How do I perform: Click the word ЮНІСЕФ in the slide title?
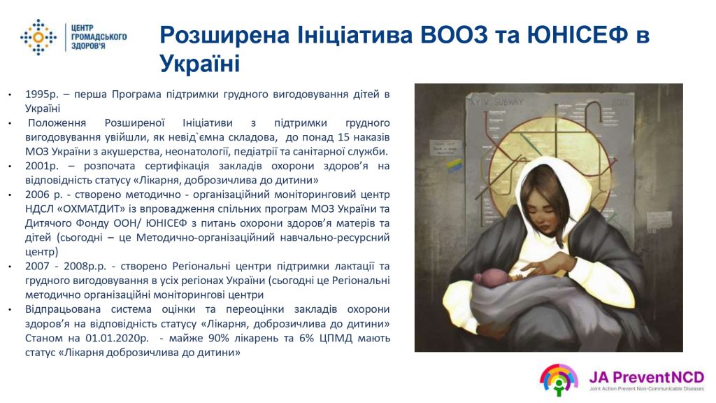pos(578,35)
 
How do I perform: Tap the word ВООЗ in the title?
pos(454,35)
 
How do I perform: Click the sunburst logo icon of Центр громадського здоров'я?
pos(38,37)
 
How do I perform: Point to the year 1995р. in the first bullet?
pos(42,94)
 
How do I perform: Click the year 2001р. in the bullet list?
pos(42,166)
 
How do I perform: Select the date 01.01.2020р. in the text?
pos(117,338)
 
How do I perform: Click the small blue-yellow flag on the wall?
pos(454,164)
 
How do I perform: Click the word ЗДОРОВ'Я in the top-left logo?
pos(88,46)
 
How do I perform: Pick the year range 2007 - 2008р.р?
pos(66,267)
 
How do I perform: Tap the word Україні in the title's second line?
pos(199,64)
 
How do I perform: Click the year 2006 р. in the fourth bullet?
pos(43,195)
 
